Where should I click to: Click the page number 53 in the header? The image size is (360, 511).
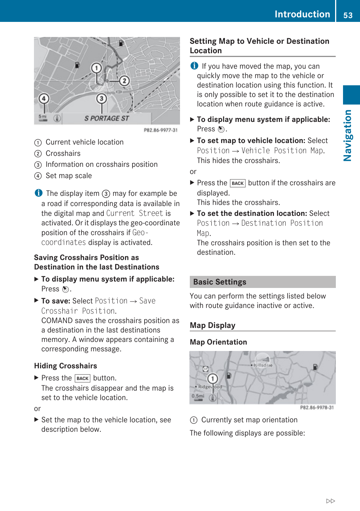tap(348, 15)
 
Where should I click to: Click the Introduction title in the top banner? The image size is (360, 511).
tap(302, 14)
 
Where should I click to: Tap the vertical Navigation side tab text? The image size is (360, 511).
tap(348, 135)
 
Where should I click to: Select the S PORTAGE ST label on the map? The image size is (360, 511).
tap(107, 119)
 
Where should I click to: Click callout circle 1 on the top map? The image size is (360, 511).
tap(97, 68)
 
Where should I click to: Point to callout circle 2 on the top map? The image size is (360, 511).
tap(124, 81)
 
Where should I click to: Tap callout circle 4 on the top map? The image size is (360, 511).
tap(44, 99)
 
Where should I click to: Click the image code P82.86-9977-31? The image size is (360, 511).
tap(160, 130)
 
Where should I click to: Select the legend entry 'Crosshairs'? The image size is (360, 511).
tap(63, 154)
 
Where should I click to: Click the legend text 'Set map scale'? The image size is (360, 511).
tap(69, 176)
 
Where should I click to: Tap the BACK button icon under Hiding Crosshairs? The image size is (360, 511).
tap(82, 379)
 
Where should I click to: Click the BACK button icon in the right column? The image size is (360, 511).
tap(238, 183)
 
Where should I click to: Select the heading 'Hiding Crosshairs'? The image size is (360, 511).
tap(66, 366)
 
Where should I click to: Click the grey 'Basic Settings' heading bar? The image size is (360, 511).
tap(262, 282)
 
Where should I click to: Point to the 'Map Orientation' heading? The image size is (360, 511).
tap(218, 342)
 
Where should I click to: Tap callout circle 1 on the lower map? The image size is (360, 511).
tap(213, 379)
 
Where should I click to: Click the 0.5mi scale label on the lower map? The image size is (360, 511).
tap(198, 396)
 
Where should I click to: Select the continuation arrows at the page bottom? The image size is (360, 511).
tap(331, 501)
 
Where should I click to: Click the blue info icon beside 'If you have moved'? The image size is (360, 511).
tap(194, 66)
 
